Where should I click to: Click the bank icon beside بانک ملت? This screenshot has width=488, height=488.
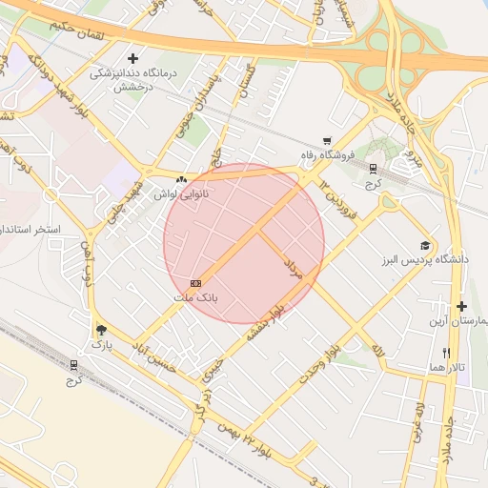pos(195,283)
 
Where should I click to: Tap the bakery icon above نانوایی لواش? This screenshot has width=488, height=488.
pos(181,178)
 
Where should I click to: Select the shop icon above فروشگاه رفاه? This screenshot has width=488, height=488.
pos(327,140)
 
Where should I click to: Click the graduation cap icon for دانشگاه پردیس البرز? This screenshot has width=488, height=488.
pos(425,245)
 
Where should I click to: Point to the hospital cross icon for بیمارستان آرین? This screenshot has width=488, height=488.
pos(462,306)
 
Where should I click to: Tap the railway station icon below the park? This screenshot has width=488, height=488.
pos(74,366)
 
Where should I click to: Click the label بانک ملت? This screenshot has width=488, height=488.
pos(195,297)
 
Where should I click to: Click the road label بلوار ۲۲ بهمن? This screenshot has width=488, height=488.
pos(245,440)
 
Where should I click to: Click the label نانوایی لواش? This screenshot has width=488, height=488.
pos(182,193)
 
